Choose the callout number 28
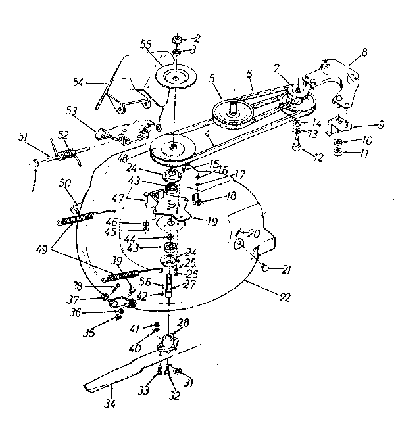pos(184,323)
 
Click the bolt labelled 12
pos(297,141)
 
